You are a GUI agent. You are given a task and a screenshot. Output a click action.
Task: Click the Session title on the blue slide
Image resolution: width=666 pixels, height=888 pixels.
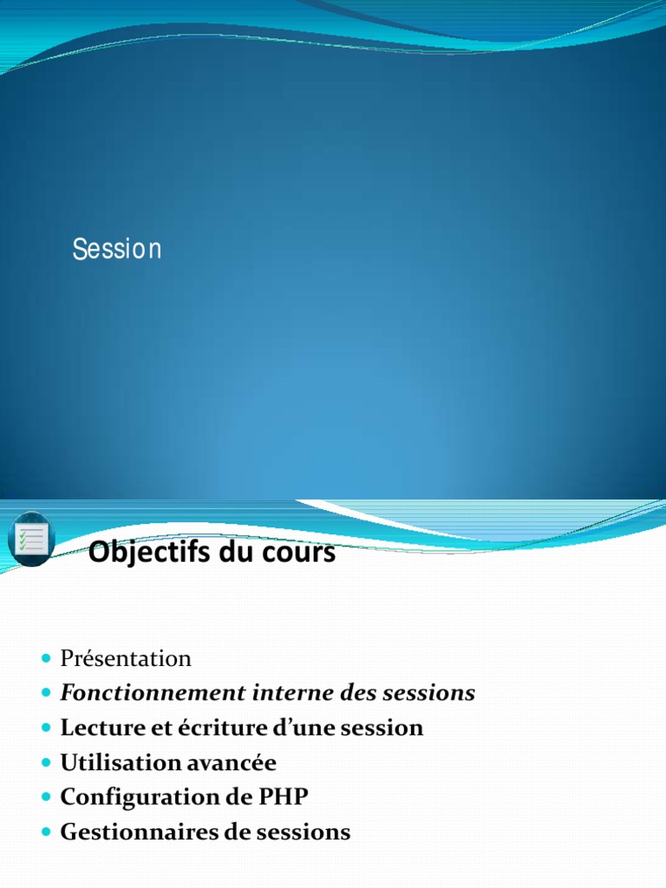(x=117, y=250)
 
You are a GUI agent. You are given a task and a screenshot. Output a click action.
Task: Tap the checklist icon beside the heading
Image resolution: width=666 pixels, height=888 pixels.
(x=31, y=539)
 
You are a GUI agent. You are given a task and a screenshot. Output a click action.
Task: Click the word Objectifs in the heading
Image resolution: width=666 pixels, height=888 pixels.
(x=144, y=552)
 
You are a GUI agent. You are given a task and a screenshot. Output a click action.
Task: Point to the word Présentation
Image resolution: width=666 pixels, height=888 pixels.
(x=126, y=659)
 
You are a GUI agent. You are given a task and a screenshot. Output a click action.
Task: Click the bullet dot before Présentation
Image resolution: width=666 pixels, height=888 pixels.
(x=46, y=659)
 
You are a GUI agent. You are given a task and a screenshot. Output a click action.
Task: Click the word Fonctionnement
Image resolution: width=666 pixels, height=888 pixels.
(x=139, y=694)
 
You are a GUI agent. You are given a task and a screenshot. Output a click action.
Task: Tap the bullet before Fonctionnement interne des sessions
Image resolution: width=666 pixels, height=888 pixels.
(x=46, y=694)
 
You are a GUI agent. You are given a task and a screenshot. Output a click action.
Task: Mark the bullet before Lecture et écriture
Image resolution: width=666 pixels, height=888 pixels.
(x=46, y=728)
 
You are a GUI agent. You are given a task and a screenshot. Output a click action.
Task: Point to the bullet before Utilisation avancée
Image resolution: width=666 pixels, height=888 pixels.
(x=46, y=763)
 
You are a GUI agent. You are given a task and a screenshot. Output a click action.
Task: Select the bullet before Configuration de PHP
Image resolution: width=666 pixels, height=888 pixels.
(x=46, y=798)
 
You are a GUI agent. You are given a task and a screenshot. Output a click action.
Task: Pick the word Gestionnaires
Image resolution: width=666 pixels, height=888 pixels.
(x=126, y=832)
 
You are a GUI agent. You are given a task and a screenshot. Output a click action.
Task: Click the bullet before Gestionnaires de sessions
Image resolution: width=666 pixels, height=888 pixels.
(x=46, y=832)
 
